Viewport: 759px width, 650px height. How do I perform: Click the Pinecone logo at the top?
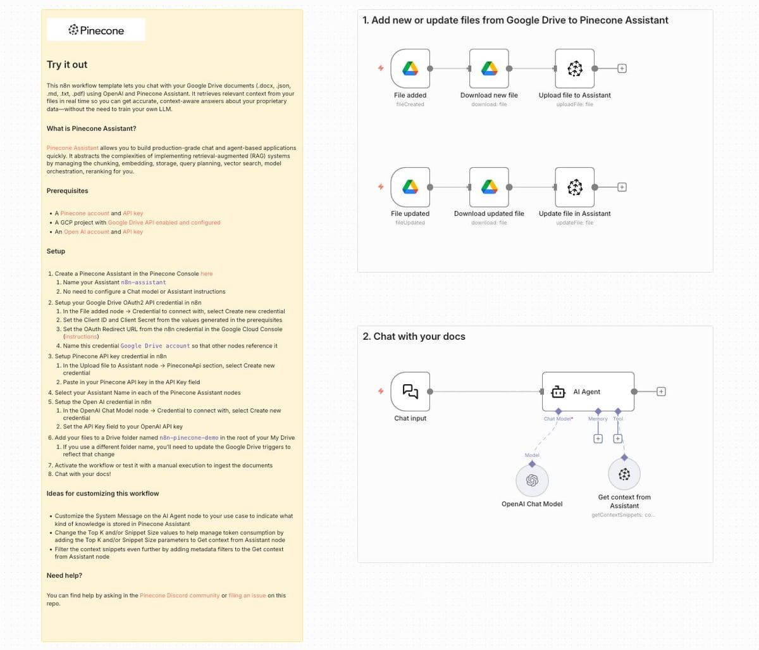96,30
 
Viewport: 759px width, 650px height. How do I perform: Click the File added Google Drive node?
410,68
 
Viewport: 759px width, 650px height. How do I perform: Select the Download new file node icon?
488,68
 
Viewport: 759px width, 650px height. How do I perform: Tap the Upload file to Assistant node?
574,68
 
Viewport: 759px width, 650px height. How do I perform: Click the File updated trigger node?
410,187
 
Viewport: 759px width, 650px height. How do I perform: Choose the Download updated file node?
488,187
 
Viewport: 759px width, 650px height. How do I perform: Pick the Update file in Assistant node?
574,187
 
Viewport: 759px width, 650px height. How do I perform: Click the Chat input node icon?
410,391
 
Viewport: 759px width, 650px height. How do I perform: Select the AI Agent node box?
588,392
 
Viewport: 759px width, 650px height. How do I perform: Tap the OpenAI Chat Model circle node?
532,480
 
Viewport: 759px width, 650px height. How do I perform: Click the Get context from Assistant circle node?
624,474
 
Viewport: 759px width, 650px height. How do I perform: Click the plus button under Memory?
598,439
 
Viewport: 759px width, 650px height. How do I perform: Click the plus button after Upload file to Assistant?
622,68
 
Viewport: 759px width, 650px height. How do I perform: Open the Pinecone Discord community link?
180,596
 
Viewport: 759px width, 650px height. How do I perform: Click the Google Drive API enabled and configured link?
164,223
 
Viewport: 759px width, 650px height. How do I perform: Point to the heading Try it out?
67,65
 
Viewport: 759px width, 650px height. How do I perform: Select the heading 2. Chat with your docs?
414,337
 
